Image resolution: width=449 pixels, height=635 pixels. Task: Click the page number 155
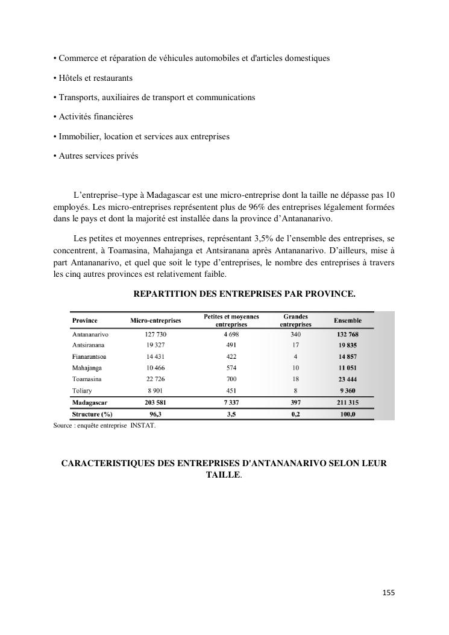pos(389,593)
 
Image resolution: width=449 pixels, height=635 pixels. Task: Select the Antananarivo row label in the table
pos(90,334)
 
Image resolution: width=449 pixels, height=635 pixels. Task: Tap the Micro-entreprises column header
pos(155,320)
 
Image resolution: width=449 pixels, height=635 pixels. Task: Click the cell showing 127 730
pos(155,334)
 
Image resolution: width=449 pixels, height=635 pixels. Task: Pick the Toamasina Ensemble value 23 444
pos(348,379)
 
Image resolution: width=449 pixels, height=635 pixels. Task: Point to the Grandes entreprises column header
pos(295,320)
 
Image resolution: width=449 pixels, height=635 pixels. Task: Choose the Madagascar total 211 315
pos(348,402)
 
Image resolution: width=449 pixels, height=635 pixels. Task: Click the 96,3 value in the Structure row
pos(155,414)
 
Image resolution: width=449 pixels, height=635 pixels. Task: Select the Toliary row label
pos(82,391)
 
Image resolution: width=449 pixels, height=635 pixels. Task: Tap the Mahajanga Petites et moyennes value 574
pos(231,368)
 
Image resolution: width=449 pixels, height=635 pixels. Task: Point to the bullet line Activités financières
pos(93,116)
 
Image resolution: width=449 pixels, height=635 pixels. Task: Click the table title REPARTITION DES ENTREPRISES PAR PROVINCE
pos(244,294)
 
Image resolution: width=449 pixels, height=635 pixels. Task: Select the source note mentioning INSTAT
pos(104,426)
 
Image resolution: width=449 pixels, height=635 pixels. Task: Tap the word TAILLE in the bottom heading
pos(223,475)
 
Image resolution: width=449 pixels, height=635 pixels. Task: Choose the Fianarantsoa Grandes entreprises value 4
pos(295,356)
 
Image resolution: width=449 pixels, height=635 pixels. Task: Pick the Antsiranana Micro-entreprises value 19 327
pos(155,346)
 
